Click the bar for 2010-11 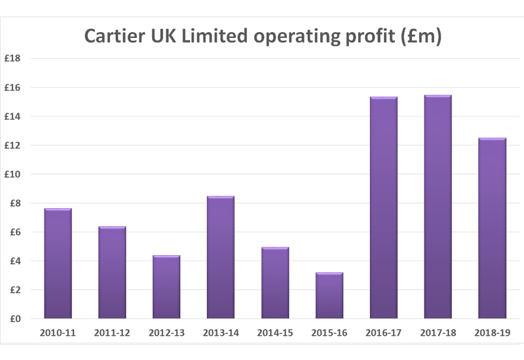point(58,264)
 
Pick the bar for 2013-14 point(221,257)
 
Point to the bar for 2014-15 point(275,283)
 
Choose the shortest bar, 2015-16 point(329,295)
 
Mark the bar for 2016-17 point(384,207)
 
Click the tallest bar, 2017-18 point(438,207)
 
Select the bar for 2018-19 point(493,228)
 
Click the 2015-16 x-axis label point(329,333)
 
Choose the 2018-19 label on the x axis point(493,333)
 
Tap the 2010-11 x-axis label point(58,333)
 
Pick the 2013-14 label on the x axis point(221,333)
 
